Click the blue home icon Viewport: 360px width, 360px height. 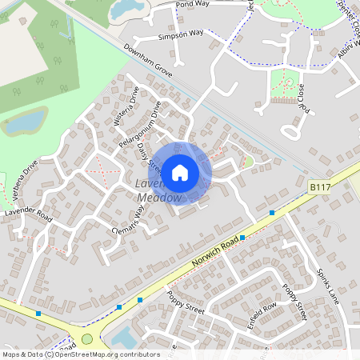pos(180,171)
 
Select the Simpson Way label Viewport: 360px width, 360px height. pos(181,34)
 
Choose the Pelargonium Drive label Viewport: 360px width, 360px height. pos(140,123)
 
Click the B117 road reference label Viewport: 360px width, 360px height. pos(321,186)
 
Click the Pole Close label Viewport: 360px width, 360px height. pos(302,94)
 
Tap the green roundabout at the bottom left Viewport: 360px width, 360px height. pos(87,338)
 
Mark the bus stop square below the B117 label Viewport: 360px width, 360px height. pos(273,213)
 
